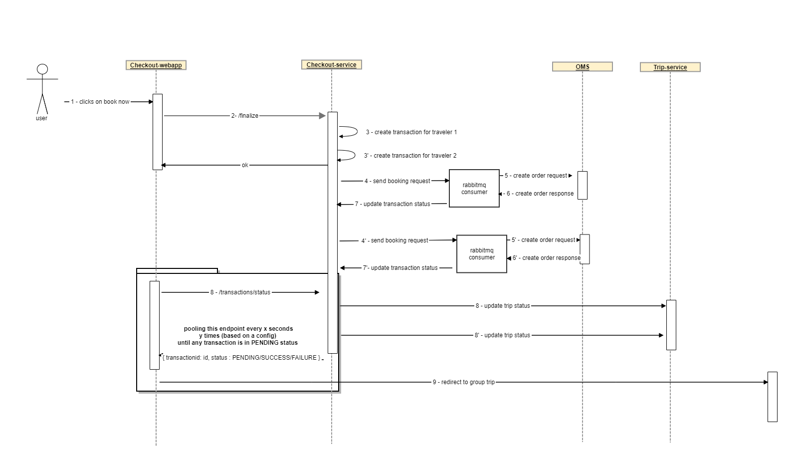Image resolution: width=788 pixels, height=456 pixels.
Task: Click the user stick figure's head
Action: coord(42,69)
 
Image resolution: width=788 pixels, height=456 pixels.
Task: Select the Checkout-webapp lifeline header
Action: coord(156,65)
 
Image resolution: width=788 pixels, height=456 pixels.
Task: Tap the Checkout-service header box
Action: coord(331,65)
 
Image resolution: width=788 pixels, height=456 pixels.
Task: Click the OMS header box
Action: coord(582,67)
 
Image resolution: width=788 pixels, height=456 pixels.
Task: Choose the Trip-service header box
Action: coord(670,67)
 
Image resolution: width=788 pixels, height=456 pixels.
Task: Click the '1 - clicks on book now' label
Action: coord(100,102)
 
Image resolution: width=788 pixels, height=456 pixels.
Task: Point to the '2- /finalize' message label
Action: coord(245,116)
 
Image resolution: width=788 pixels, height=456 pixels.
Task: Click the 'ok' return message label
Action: coord(245,165)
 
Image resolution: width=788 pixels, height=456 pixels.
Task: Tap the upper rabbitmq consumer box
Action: coord(474,188)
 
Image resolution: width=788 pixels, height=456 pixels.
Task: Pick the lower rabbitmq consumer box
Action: coord(481,254)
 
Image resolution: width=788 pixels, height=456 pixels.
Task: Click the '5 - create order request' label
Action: coord(536,176)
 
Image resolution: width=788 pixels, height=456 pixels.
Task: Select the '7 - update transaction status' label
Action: coord(393,204)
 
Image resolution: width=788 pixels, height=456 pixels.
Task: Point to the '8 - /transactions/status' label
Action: coord(240,292)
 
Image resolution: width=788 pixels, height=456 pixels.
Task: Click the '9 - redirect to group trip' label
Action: coord(464,382)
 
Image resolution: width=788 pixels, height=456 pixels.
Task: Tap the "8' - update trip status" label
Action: coord(502,335)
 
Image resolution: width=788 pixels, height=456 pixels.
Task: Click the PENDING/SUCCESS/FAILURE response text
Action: coord(241,358)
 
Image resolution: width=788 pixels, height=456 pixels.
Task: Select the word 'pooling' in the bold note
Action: coord(194,329)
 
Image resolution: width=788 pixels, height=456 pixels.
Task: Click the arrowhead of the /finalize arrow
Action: coord(322,116)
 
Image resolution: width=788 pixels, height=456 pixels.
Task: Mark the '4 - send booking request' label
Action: coord(397,181)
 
